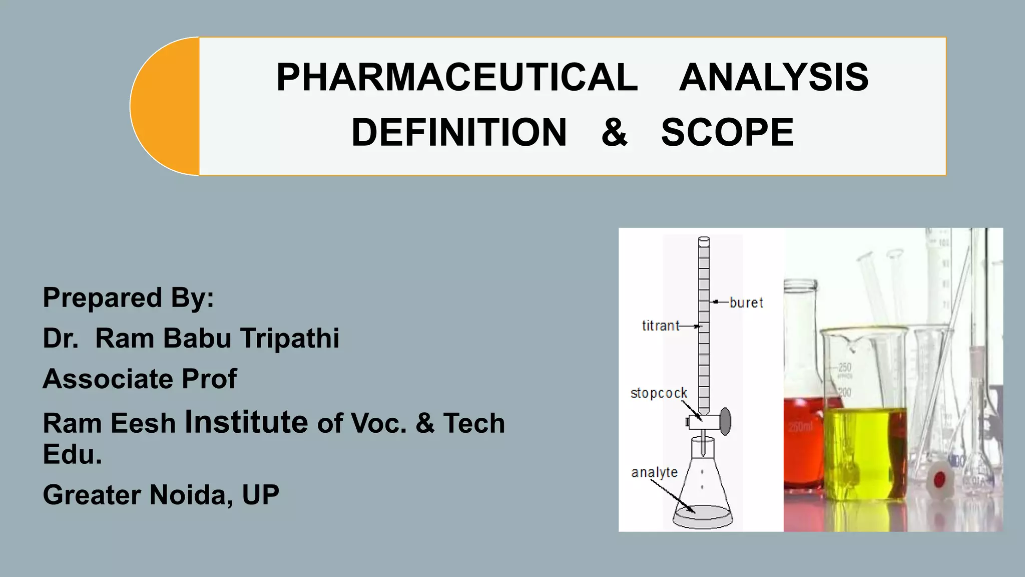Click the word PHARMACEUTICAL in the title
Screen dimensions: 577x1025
coord(457,78)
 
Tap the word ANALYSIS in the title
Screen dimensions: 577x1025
coord(773,78)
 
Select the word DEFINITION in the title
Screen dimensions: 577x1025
coord(459,133)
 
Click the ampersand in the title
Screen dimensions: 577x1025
coord(614,133)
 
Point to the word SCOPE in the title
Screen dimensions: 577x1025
coord(727,133)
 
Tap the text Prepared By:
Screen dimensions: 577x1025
coord(128,298)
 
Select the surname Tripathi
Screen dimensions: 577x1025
coord(290,338)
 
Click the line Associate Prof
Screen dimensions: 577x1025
coord(140,379)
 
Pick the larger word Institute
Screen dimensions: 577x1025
coord(246,422)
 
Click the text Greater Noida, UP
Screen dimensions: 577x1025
coord(161,495)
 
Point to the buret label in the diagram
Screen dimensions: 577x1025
coord(746,303)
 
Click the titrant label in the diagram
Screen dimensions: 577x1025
coord(660,326)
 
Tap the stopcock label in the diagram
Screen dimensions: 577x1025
coord(659,393)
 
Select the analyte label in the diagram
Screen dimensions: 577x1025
coord(654,472)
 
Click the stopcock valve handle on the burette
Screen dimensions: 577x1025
coord(725,422)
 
